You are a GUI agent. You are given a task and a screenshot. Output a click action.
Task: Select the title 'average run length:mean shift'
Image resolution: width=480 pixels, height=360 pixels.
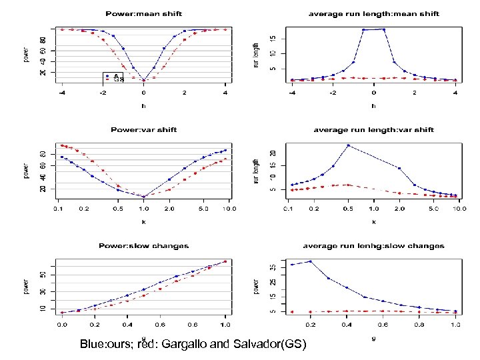click(x=373, y=14)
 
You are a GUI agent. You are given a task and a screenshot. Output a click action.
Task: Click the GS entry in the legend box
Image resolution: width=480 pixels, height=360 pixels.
click(x=118, y=81)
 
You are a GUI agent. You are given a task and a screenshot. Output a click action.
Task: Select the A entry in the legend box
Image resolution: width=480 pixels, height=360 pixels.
click(x=116, y=76)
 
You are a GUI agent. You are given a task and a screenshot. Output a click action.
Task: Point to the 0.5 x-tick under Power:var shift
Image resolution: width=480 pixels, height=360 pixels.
click(x=117, y=209)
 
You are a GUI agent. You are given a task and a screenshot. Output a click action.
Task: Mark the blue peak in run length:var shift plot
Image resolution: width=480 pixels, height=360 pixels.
click(x=347, y=145)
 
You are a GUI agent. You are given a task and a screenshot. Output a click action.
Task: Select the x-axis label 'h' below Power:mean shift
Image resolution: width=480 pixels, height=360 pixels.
click(x=143, y=105)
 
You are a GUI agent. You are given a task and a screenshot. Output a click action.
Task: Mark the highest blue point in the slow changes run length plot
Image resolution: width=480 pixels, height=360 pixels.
click(x=310, y=261)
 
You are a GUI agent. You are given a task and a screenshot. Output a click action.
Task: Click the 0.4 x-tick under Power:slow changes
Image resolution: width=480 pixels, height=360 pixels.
click(x=127, y=324)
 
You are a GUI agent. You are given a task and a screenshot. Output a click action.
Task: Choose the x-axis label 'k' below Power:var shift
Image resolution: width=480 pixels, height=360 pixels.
click(x=143, y=221)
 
